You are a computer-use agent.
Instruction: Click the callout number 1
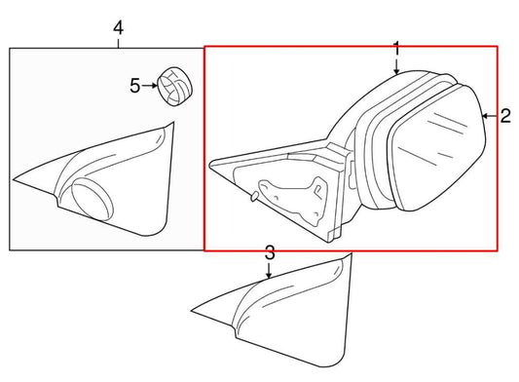pyautogui.click(x=396, y=48)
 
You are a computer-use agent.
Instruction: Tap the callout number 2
pyautogui.click(x=505, y=116)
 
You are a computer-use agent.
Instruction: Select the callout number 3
pyautogui.click(x=271, y=252)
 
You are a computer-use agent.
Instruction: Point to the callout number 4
pyautogui.click(x=118, y=27)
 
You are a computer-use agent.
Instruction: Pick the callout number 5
pyautogui.click(x=135, y=86)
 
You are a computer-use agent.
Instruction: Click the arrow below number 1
pyautogui.click(x=396, y=65)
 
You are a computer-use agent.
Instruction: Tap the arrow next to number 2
pyautogui.click(x=490, y=116)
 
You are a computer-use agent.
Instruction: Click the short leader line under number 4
pyautogui.click(x=118, y=42)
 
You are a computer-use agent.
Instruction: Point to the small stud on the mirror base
pyautogui.click(x=252, y=196)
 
